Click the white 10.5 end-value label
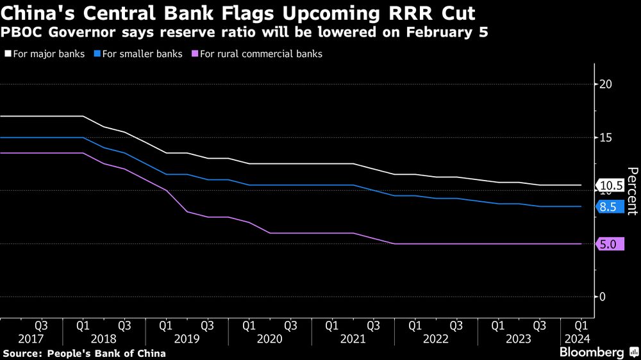610,186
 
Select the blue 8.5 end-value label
610,207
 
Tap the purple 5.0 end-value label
610,244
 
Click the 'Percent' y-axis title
631,191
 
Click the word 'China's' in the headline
36,13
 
